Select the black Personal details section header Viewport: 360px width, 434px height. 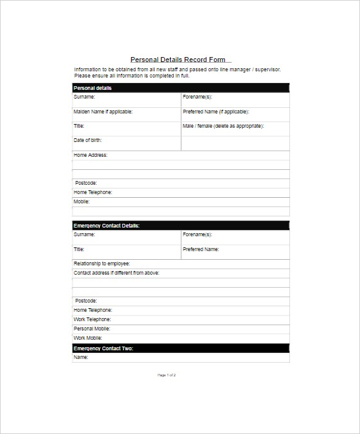point(180,88)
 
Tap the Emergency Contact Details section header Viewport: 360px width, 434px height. point(180,226)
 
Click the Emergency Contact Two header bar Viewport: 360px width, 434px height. point(180,348)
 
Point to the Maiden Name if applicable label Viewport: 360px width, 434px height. point(103,112)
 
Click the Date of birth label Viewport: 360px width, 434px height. point(88,140)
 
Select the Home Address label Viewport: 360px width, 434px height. point(91,155)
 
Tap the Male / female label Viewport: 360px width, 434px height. point(223,126)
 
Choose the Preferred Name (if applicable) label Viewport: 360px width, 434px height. point(215,112)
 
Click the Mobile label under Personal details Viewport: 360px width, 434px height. point(82,201)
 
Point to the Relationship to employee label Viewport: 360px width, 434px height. point(102,263)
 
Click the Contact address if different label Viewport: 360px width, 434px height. point(117,273)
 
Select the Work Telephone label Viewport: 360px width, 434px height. point(92,319)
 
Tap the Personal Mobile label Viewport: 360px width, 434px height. point(92,329)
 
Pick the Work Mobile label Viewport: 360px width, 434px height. point(88,338)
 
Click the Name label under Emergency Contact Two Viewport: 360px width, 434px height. point(81,357)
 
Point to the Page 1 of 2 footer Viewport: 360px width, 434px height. point(167,375)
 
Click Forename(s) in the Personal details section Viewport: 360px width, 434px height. point(197,97)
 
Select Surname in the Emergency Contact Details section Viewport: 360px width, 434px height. point(84,235)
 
